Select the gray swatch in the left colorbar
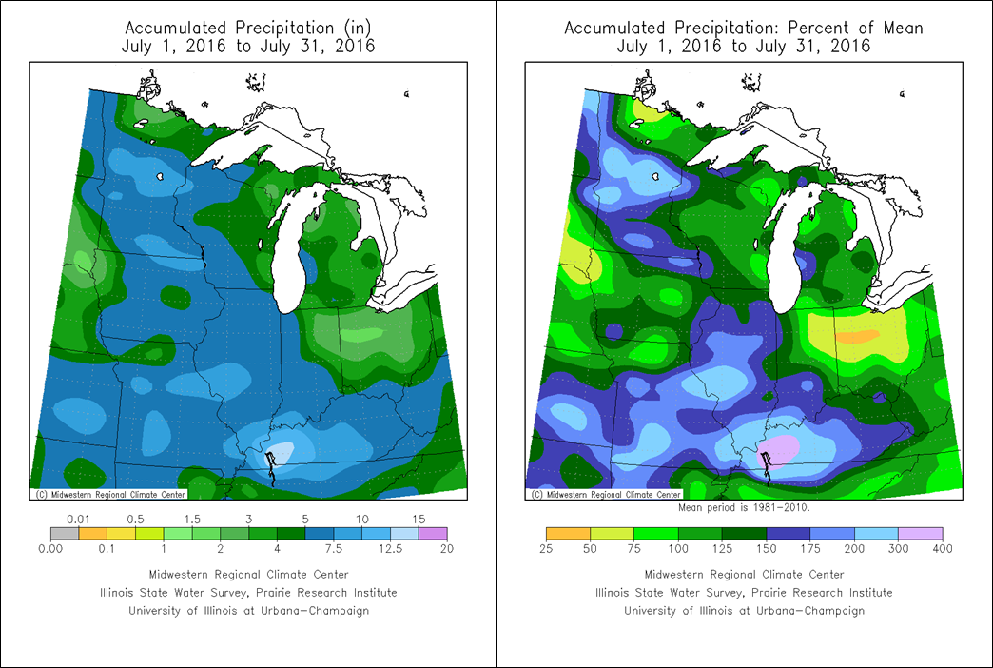pos(65,534)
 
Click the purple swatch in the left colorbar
pos(432,534)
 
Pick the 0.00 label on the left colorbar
pos(49,549)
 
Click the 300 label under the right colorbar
pos(899,549)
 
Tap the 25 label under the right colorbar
pos(546,549)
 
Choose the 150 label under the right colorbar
pos(767,549)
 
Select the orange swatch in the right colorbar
pos(568,534)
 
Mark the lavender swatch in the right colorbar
pos(921,534)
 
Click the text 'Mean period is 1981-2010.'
pos(744,508)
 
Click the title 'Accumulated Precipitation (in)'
pos(249,28)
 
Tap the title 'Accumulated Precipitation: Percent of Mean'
pos(744,28)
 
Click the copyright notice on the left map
pos(110,494)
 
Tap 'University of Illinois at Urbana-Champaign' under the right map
pos(744,610)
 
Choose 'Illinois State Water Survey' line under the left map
pos(249,592)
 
